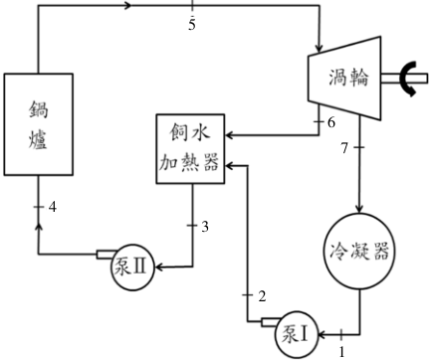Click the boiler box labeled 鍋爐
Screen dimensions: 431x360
pyautogui.click(x=39, y=124)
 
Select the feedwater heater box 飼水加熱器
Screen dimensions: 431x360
pyautogui.click(x=190, y=149)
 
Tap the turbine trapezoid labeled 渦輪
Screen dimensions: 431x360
pyautogui.click(x=344, y=78)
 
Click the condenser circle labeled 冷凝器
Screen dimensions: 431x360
pyautogui.click(x=359, y=252)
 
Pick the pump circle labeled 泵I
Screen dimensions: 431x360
pyautogui.click(x=297, y=334)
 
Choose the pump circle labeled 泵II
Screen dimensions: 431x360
pyautogui.click(x=132, y=268)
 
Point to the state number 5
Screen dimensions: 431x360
pyautogui.click(x=192, y=25)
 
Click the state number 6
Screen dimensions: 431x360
pyautogui.click(x=331, y=122)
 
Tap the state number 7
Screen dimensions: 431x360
pyautogui.click(x=344, y=148)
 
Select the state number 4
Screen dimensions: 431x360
pyautogui.click(x=53, y=207)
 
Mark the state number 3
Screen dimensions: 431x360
pyautogui.click(x=205, y=227)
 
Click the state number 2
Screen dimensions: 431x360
pyautogui.click(x=262, y=296)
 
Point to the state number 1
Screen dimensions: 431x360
pyautogui.click(x=341, y=351)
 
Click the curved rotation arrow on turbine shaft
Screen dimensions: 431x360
pyautogui.click(x=405, y=79)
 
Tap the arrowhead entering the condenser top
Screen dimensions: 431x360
pyautogui.click(x=359, y=208)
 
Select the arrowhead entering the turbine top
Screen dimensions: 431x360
pyautogui.click(x=320, y=49)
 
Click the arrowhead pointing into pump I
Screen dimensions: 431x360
pyautogui.click(x=323, y=335)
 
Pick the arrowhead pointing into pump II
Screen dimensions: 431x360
pyautogui.click(x=159, y=267)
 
